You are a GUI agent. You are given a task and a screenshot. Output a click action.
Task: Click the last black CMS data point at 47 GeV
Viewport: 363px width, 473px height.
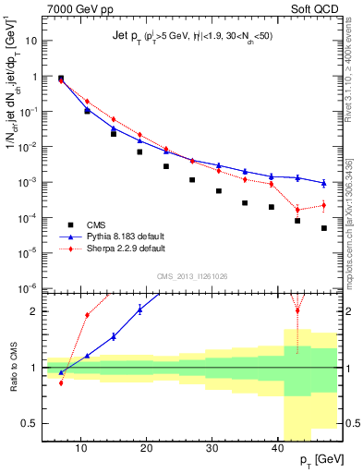point(324,228)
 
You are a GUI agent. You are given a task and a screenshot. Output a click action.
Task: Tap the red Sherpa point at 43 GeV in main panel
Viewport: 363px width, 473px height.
point(297,208)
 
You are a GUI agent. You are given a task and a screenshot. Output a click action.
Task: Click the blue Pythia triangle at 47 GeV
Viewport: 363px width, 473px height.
point(324,183)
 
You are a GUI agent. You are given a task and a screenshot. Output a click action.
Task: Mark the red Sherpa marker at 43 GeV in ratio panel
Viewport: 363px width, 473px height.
point(297,310)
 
